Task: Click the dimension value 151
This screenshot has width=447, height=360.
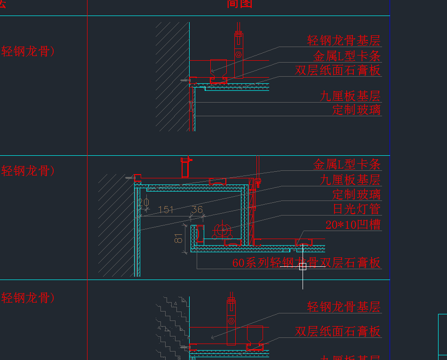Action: [166, 209]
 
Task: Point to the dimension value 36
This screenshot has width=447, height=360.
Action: [197, 209]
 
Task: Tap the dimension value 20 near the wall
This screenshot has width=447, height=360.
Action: [144, 203]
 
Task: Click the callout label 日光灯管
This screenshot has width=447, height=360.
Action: [356, 209]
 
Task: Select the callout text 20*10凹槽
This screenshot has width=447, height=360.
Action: [353, 224]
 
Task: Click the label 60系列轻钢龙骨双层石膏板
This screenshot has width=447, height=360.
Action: [306, 263]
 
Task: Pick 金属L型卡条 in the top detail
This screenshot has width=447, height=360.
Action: [347, 56]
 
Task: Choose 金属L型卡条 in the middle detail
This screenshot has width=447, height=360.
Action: [347, 164]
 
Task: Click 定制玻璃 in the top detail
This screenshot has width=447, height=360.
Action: [356, 110]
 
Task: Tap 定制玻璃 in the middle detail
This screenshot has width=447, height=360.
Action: [356, 194]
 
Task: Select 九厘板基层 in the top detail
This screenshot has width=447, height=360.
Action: [350, 96]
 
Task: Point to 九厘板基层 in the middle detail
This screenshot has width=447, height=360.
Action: [350, 180]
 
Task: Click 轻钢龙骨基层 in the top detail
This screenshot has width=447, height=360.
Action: [343, 40]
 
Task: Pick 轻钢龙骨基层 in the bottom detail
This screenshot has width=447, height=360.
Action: [343, 307]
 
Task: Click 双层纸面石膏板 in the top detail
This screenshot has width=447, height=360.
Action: [338, 71]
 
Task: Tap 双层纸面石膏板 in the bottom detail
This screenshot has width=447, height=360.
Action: [338, 331]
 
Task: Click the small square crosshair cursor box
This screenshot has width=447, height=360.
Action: [303, 267]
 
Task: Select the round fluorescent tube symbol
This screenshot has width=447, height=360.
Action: [221, 231]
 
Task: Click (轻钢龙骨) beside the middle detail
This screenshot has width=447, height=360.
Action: [28, 171]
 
